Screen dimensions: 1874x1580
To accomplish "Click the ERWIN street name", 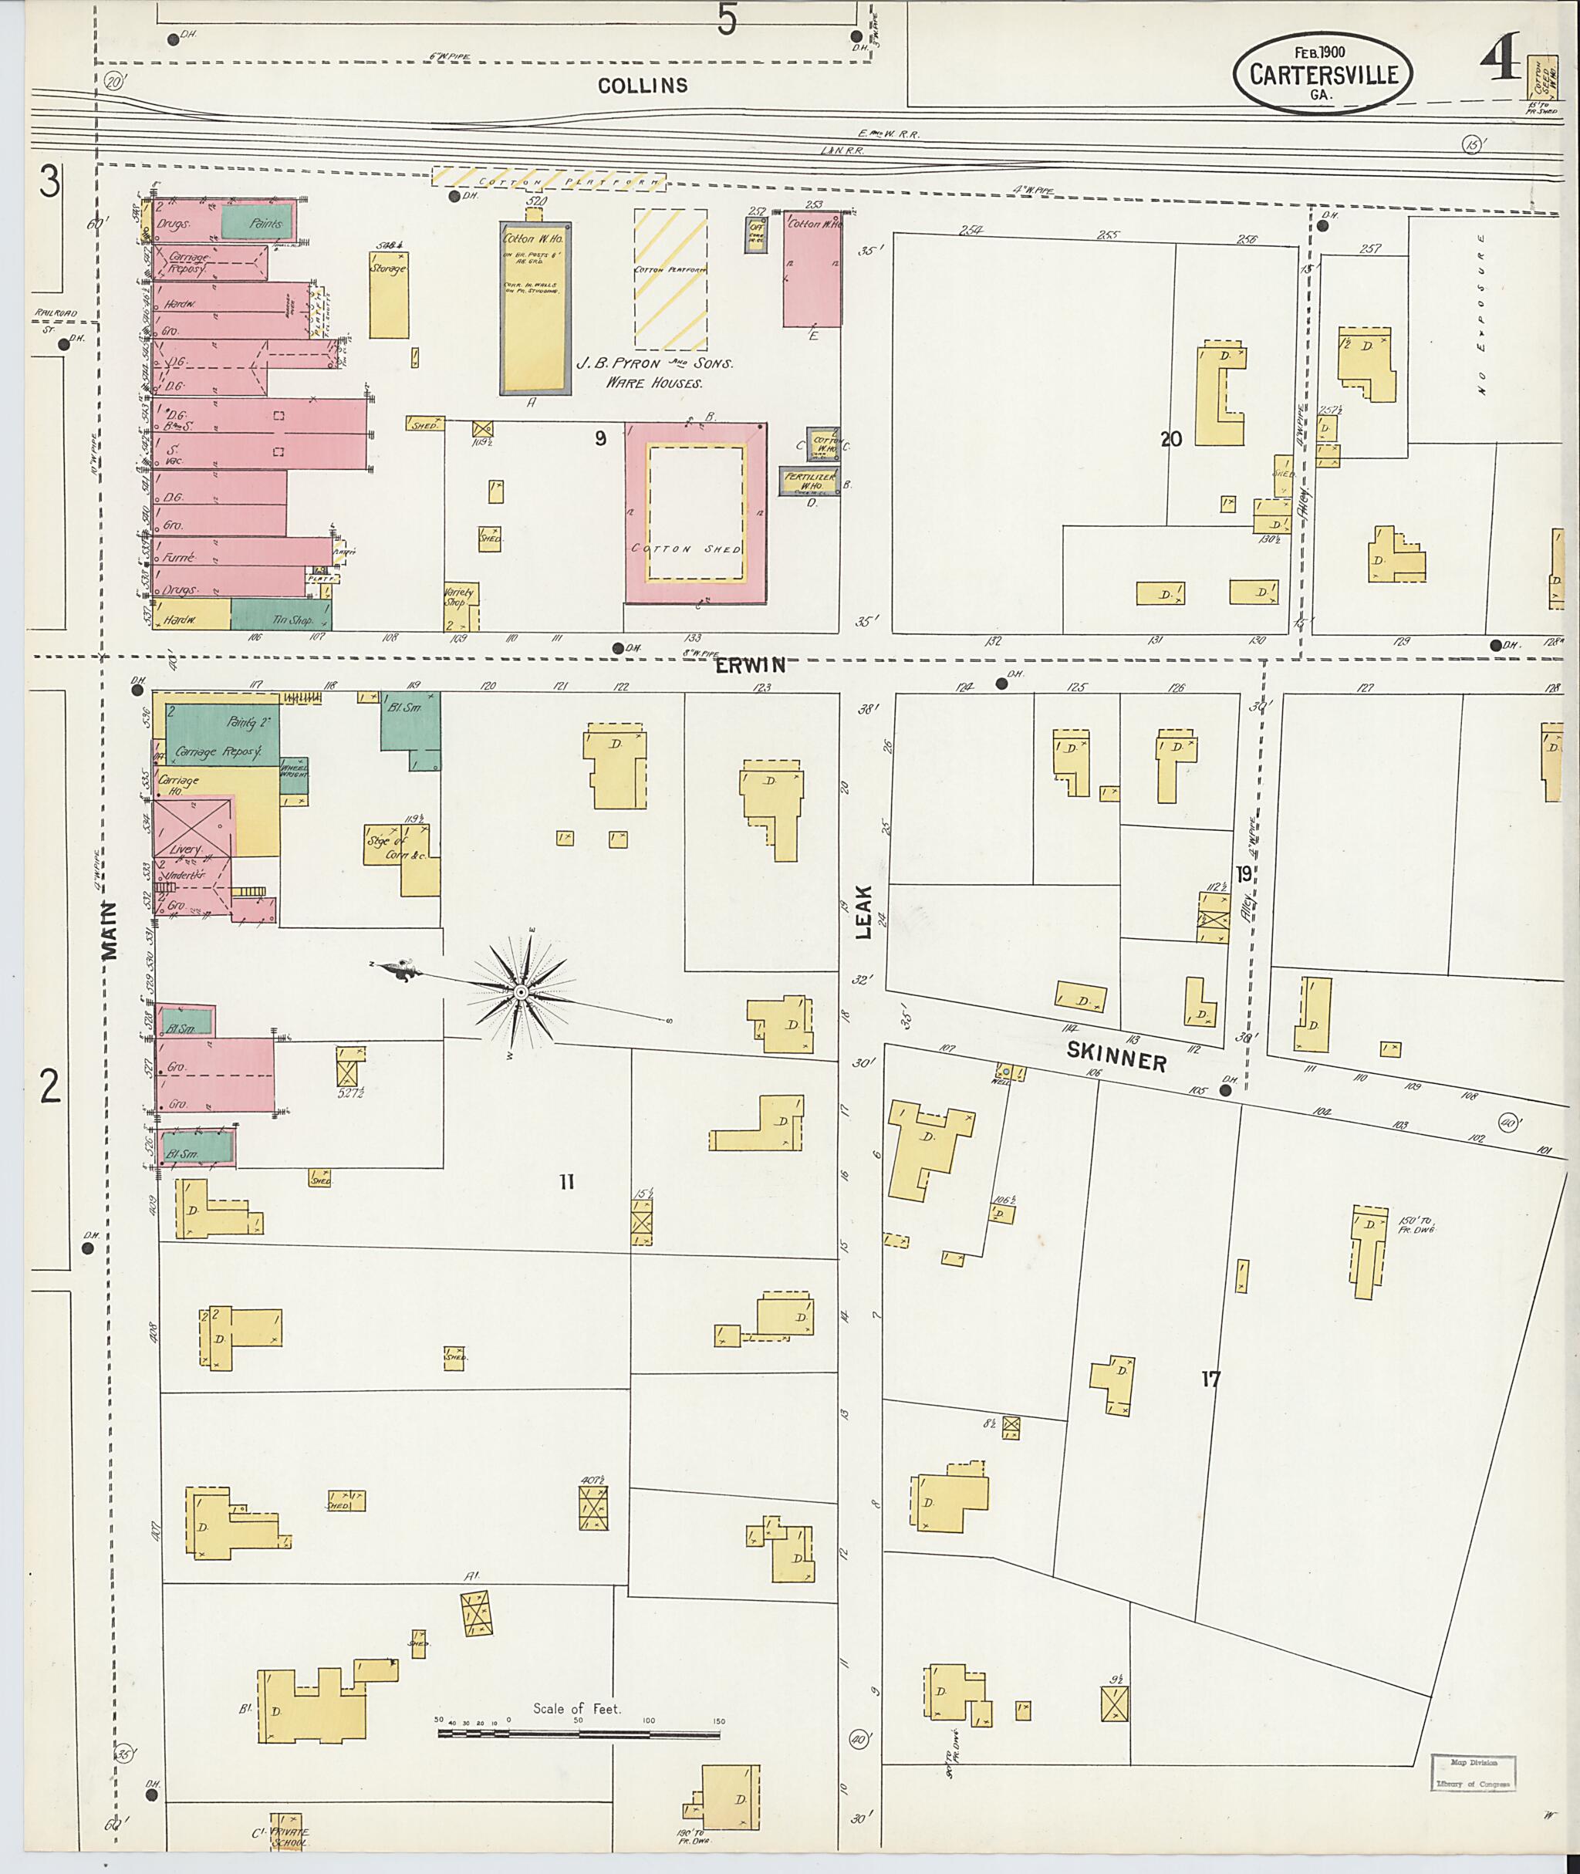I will [x=751, y=665].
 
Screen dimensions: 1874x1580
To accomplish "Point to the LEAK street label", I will [x=863, y=912].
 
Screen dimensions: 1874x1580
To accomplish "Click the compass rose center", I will [x=521, y=992].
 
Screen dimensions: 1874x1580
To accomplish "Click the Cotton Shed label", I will [x=696, y=549].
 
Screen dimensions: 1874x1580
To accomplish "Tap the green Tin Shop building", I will [x=282, y=616].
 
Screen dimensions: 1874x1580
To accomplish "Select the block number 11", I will [x=566, y=1183].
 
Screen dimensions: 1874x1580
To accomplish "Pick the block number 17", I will [x=1210, y=1379].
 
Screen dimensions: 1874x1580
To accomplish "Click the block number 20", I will [x=1170, y=438].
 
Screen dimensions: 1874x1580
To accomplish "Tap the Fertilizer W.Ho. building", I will [x=809, y=481].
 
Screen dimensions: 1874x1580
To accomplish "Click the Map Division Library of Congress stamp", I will [x=1473, y=1773].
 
